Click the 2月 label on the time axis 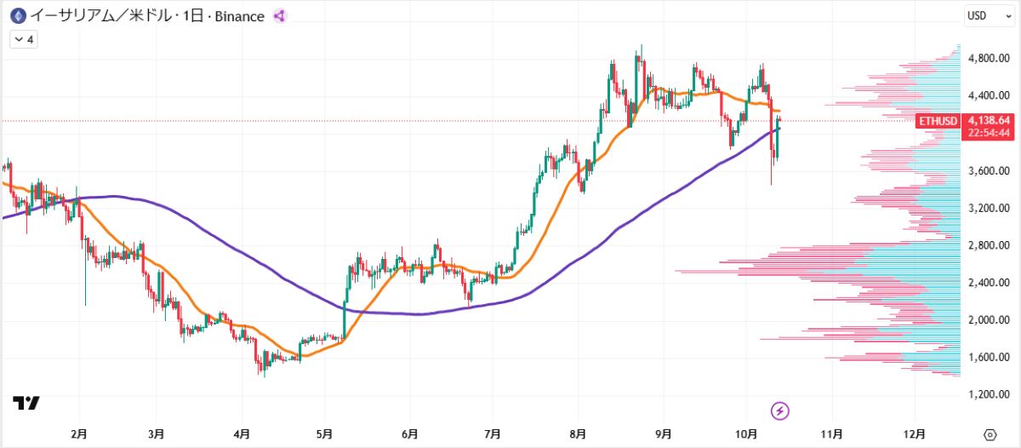79,434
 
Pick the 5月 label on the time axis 323,434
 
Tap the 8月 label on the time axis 578,434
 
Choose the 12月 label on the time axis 915,434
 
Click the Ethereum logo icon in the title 16,15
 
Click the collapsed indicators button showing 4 23,38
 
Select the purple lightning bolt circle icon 780,411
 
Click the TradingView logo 26,403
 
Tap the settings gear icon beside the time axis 990,434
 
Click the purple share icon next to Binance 279,16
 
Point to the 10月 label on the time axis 745,434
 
